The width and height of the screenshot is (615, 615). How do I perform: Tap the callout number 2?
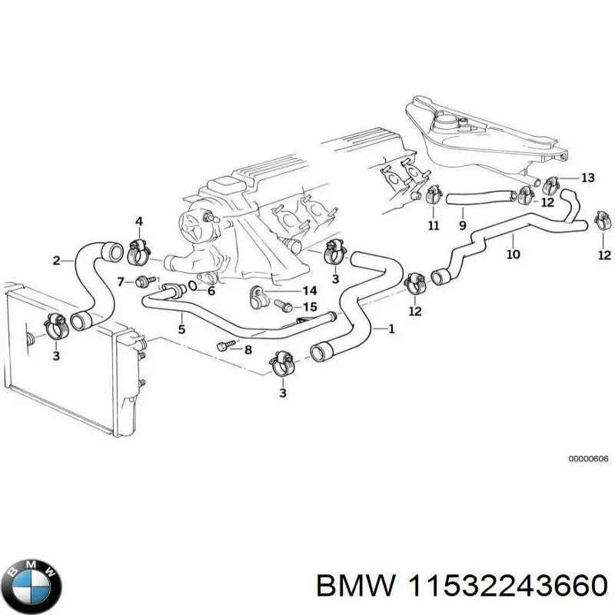[56, 261]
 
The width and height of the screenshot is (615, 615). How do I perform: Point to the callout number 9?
[462, 225]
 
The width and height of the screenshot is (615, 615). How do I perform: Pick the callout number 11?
[433, 225]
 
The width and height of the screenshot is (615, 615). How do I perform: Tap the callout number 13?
[587, 178]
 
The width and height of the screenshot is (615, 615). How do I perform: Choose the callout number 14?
[309, 291]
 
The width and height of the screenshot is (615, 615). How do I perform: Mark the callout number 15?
[309, 307]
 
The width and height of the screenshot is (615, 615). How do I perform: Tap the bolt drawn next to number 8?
[224, 347]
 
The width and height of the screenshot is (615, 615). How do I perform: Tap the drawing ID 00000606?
[588, 459]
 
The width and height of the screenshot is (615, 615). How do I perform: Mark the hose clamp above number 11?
[432, 194]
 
